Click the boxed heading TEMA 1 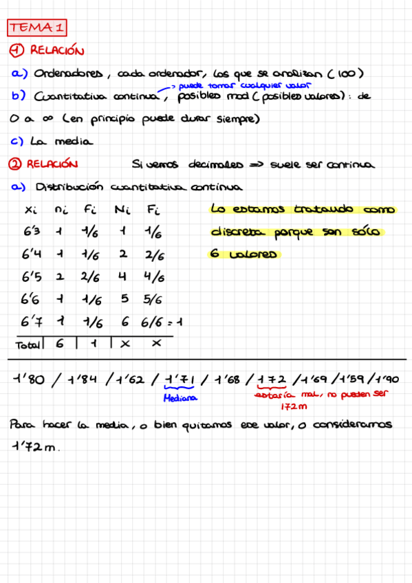coord(37,27)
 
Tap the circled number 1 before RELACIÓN coord(17,50)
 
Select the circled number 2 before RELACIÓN coord(17,164)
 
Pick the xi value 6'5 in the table coord(32,278)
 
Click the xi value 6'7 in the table coord(32,322)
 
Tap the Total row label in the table coord(28,344)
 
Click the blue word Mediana coord(180,398)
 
